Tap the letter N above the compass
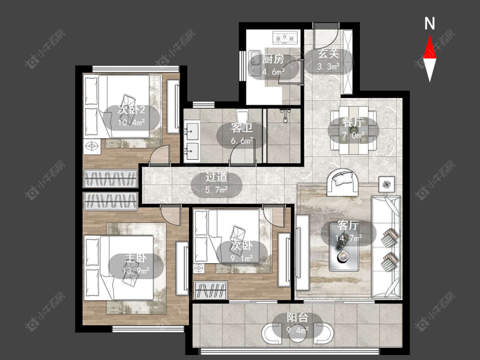(x=430, y=23)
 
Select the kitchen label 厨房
(x=273, y=59)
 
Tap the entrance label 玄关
(x=329, y=54)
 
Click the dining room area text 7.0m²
(x=353, y=135)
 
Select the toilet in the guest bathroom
(x=242, y=116)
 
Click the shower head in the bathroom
(x=285, y=116)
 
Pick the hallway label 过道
(x=216, y=177)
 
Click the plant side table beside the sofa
(x=387, y=184)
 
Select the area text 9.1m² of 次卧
(x=242, y=258)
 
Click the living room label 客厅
(x=348, y=226)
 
